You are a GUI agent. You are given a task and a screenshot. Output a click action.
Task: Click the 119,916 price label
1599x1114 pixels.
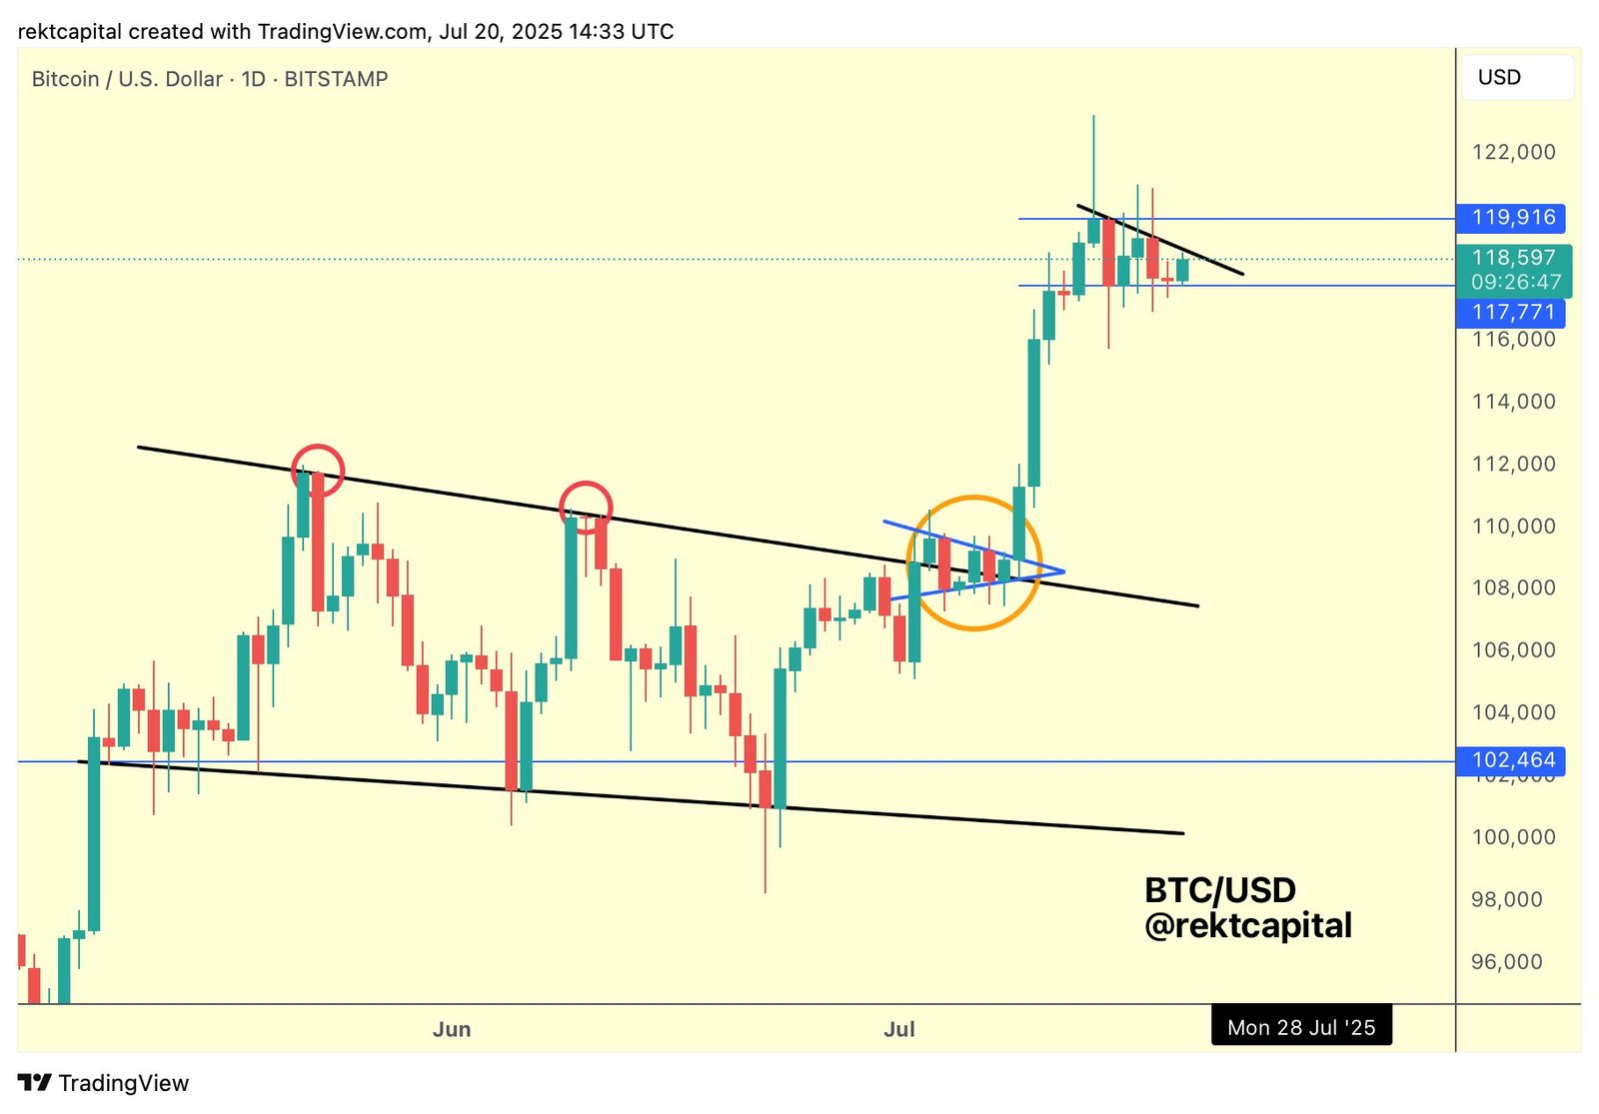(x=1511, y=218)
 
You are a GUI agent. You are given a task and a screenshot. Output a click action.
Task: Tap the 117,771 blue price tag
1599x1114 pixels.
(x=1511, y=313)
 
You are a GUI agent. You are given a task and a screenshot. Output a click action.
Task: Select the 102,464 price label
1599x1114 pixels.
(x=1511, y=760)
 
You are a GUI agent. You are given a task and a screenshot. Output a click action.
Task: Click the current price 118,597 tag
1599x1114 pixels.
(x=1513, y=258)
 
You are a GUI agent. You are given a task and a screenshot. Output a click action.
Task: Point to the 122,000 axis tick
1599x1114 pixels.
(x=1513, y=152)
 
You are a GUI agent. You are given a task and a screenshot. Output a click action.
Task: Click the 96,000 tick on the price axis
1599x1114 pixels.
(x=1513, y=961)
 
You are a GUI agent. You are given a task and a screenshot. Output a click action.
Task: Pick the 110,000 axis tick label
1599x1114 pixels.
(x=1513, y=526)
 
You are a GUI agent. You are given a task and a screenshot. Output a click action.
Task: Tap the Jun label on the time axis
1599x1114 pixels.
(x=452, y=1029)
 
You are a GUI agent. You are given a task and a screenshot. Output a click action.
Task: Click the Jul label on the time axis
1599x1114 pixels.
(x=899, y=1029)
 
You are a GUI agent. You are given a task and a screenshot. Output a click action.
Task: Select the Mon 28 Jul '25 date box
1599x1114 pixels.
(x=1301, y=1027)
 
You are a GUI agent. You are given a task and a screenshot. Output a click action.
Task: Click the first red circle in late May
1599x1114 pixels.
(x=318, y=470)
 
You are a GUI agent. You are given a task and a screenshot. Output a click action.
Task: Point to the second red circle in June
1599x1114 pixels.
(x=586, y=507)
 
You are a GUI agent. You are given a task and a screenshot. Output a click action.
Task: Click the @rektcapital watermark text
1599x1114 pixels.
(x=1248, y=926)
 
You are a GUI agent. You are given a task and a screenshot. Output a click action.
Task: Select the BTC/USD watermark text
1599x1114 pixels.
(x=1219, y=889)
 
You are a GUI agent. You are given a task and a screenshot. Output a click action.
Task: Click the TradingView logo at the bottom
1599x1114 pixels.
(x=104, y=1083)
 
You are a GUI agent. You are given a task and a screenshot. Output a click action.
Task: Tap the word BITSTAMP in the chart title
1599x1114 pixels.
(x=336, y=79)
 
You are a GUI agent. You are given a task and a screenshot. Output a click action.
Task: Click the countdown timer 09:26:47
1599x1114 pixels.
(x=1515, y=282)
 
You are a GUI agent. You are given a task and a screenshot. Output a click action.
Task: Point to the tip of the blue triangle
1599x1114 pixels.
(x=1064, y=571)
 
